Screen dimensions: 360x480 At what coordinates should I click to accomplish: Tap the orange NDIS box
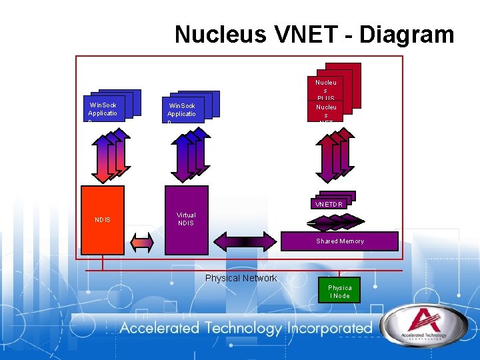[x=102, y=219]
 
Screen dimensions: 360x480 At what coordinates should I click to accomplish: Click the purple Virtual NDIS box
[x=186, y=219]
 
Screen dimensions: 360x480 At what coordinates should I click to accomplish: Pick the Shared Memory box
[x=339, y=241]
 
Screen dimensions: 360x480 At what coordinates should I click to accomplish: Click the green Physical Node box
[x=339, y=291]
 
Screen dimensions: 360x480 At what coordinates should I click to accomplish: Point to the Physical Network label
[x=241, y=278]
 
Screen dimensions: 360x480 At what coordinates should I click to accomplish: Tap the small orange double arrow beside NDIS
[x=141, y=241]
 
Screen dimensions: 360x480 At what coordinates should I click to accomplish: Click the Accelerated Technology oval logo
[x=419, y=329]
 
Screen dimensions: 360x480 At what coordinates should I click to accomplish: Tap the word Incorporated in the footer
[x=329, y=328]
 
